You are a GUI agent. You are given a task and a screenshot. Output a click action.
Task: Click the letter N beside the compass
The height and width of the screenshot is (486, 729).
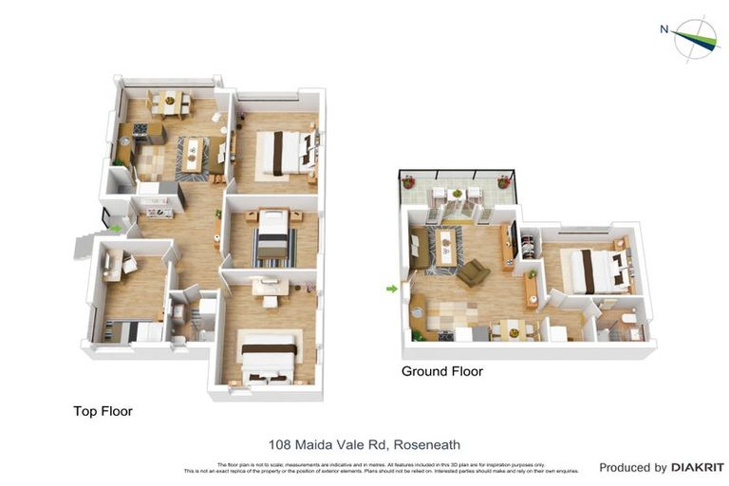[664, 29]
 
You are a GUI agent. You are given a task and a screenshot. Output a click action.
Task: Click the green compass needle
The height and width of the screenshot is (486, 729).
[699, 39]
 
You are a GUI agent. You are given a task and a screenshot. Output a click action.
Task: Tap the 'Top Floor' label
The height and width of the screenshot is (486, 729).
[103, 411]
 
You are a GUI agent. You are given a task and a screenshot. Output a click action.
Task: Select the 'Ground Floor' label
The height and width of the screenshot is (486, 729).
[441, 371]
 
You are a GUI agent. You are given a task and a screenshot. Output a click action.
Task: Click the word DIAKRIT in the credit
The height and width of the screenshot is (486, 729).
[698, 467]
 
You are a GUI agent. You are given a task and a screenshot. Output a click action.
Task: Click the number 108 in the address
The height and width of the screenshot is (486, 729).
[281, 443]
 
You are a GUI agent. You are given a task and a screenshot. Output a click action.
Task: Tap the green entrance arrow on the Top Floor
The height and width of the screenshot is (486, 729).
[116, 228]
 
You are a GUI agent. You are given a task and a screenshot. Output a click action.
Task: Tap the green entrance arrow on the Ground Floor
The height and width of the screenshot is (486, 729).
[391, 289]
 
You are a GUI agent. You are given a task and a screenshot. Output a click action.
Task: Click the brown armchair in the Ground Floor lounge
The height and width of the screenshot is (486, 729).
[473, 273]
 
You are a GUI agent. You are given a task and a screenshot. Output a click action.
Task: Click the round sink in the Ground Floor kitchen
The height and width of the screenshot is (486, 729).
[418, 310]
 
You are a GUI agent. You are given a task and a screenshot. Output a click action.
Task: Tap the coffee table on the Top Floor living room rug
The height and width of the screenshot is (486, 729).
[194, 154]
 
